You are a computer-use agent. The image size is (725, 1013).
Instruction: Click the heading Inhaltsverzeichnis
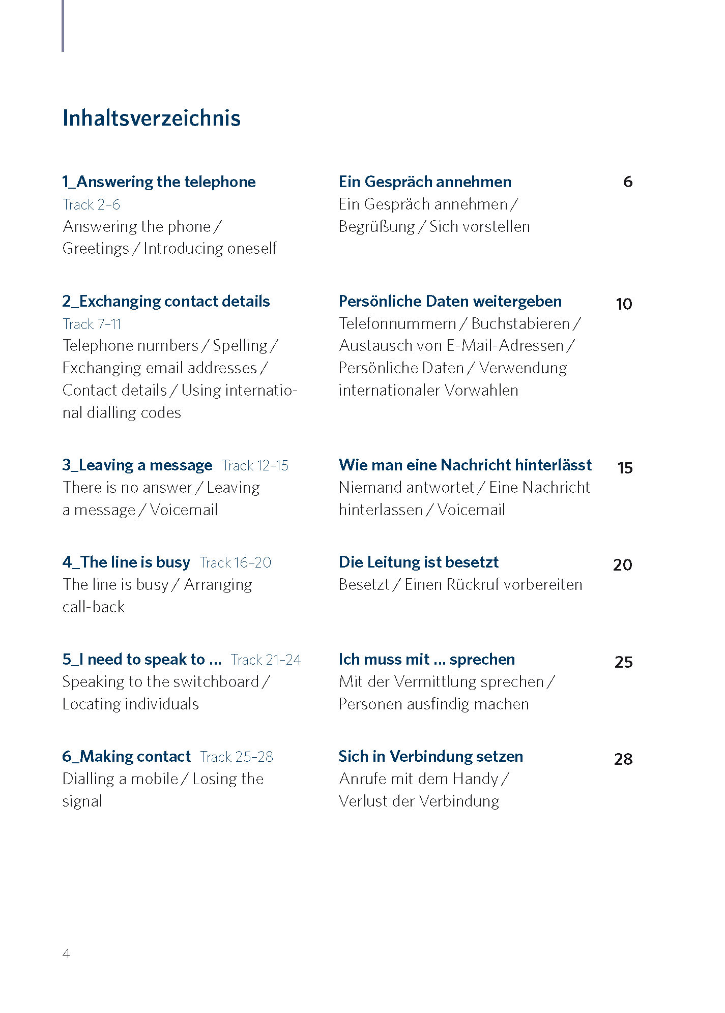[151, 118]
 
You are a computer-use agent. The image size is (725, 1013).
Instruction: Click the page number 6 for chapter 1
[627, 182]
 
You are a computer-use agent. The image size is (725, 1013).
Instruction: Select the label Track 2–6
[91, 204]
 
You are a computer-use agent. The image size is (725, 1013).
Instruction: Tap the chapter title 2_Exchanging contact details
[166, 301]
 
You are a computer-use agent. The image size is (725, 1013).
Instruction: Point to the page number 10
[624, 304]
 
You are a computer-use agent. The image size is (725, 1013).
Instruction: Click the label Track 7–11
[92, 324]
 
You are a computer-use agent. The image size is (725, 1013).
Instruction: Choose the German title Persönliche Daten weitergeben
[450, 301]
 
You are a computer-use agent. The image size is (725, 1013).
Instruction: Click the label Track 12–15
[255, 465]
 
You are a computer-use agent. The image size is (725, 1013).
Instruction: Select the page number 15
[625, 468]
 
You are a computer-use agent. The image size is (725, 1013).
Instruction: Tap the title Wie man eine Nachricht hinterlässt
[465, 465]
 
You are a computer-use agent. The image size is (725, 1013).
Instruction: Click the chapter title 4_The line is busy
[126, 562]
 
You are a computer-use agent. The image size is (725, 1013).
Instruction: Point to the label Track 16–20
[236, 562]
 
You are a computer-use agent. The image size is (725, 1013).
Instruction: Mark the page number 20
[623, 565]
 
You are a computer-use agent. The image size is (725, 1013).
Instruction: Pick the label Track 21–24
[266, 660]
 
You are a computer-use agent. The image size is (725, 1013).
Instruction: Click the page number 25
[624, 662]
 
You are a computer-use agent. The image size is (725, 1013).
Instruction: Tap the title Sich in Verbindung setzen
[430, 756]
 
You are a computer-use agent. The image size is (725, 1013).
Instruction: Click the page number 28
[623, 759]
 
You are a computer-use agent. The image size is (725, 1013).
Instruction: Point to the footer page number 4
[66, 954]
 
